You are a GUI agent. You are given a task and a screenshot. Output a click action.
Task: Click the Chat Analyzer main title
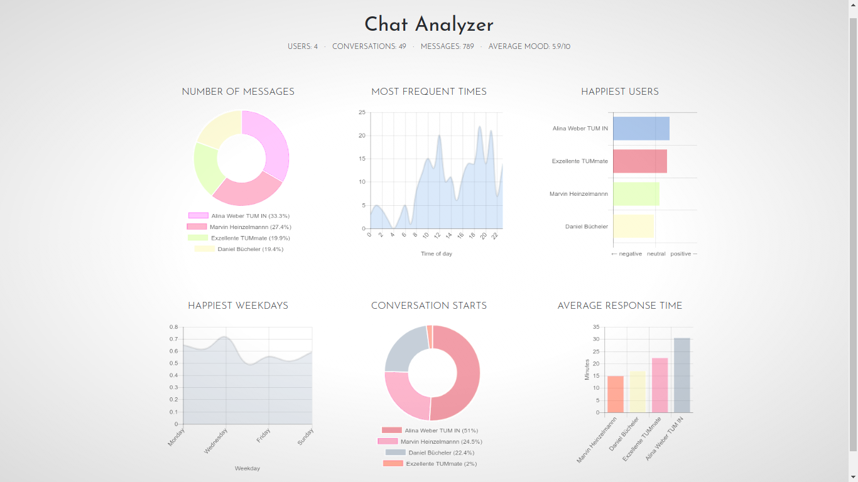click(x=429, y=25)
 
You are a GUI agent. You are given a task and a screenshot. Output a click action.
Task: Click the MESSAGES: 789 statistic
click(x=447, y=46)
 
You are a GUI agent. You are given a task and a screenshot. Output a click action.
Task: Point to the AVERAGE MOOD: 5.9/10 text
click(x=529, y=46)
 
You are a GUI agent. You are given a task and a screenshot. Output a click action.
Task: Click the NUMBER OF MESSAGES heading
click(x=238, y=92)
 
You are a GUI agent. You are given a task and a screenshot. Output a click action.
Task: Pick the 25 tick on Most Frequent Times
click(x=362, y=112)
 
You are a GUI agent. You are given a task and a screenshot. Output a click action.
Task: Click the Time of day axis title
click(x=436, y=254)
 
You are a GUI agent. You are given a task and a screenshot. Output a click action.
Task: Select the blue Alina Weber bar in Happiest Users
click(x=641, y=129)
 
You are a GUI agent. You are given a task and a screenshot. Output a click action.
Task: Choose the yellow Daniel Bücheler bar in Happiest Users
click(x=634, y=226)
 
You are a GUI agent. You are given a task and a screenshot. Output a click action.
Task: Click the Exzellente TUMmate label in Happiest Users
click(x=580, y=161)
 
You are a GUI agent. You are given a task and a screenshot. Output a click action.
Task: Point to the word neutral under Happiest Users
click(x=656, y=254)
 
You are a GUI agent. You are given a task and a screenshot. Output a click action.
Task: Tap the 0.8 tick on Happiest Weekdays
click(x=173, y=327)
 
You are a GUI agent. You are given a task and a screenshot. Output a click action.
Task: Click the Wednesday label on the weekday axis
click(x=216, y=441)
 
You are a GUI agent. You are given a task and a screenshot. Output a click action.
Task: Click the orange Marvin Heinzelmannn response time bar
click(x=616, y=394)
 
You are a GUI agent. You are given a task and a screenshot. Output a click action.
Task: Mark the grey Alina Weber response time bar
click(x=682, y=375)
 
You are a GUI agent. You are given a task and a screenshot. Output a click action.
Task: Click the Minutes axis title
click(x=587, y=370)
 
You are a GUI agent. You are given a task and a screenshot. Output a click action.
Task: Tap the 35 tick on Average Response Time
click(x=595, y=327)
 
